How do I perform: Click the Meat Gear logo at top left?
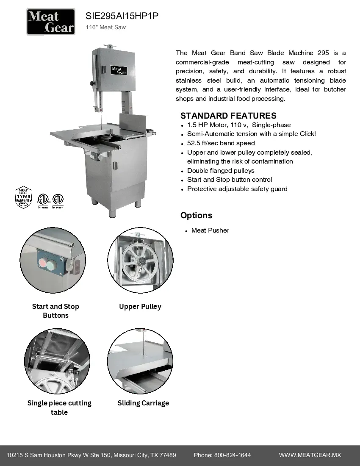tap(51, 22)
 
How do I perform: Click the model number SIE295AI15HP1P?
tap(122, 17)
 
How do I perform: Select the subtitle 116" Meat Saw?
tap(105, 28)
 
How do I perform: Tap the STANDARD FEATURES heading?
tap(228, 116)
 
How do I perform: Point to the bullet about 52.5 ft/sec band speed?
tap(221, 143)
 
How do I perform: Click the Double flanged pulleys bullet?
tap(221, 171)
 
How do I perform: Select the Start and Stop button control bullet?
tap(230, 180)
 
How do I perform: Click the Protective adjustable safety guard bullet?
tap(237, 189)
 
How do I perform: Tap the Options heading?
tap(196, 215)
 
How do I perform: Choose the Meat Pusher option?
tap(210, 230)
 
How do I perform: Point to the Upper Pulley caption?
tap(140, 306)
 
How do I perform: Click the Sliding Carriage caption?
tap(143, 403)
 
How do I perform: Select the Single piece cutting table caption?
tap(59, 408)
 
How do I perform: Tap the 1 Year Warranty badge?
tap(24, 197)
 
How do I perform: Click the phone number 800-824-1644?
tap(232, 455)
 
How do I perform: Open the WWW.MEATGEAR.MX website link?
tap(310, 455)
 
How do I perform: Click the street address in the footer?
tap(91, 455)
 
